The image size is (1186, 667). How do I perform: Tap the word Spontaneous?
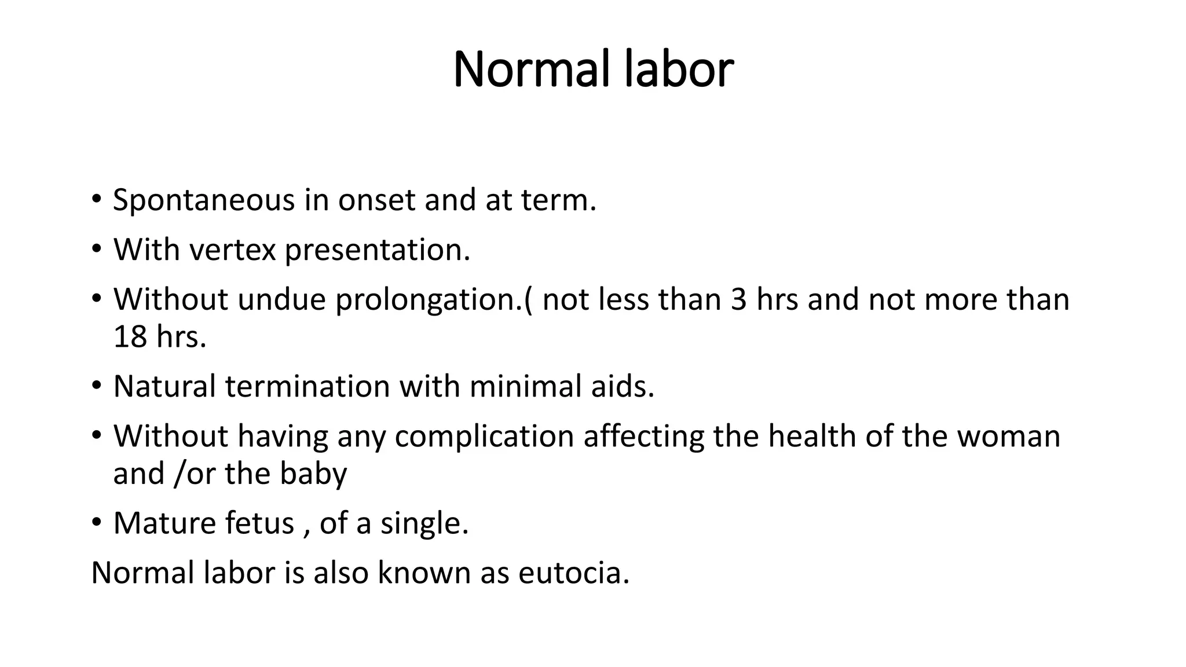pos(204,200)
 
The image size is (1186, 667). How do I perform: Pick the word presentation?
pos(377,250)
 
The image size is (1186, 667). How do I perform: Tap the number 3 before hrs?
pos(738,299)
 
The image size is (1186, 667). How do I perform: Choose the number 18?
pos(130,337)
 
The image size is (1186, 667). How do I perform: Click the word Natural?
pos(164,386)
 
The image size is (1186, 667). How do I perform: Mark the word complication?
pos(484,436)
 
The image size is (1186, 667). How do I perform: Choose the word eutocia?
pos(573,573)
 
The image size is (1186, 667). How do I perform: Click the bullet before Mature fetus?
pos(96,523)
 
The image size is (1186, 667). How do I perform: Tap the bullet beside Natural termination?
pos(96,386)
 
